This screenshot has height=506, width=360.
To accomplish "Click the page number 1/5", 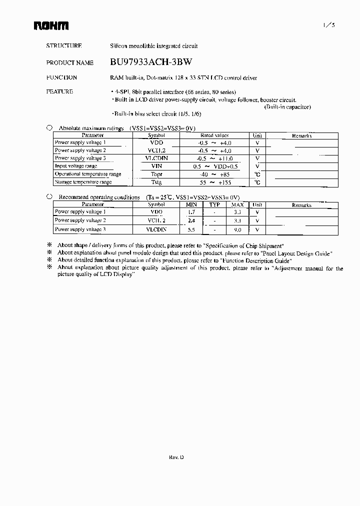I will click(323, 25).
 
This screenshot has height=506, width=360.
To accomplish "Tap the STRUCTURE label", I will click(64, 45).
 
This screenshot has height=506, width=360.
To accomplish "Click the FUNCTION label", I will click(61, 77).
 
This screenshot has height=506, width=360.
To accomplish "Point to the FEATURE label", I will click(59, 91).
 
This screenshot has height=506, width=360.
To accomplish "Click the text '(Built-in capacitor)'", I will click(287, 107).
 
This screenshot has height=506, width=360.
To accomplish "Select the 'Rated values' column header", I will click(214, 135).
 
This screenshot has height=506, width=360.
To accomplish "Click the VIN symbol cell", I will click(156, 166).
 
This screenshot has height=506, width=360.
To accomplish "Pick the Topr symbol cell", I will click(156, 174).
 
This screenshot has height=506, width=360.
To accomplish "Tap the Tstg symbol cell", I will click(156, 182).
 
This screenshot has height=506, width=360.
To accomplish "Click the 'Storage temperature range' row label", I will click(83, 182).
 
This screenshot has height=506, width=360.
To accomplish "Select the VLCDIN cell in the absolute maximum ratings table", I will click(156, 158).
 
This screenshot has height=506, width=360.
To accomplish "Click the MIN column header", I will click(191, 205).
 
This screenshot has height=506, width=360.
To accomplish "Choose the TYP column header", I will click(214, 205).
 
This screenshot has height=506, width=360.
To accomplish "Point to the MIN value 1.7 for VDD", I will click(191, 212).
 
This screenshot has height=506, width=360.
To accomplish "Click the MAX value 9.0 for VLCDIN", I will click(237, 230).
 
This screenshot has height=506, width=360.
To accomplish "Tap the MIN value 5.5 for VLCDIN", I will click(191, 230).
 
